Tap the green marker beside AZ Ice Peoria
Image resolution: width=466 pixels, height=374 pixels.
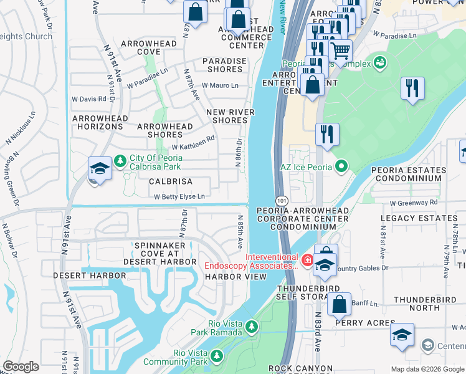click(x=340, y=166)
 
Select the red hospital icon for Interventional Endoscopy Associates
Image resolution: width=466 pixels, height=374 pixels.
click(x=307, y=260)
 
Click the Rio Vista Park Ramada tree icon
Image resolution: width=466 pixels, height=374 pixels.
click(x=251, y=327)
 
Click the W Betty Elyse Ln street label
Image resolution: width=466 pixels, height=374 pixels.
click(x=179, y=196)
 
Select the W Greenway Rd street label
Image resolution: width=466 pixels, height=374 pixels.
click(x=414, y=203)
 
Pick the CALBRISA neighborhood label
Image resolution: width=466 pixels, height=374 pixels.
click(x=170, y=181)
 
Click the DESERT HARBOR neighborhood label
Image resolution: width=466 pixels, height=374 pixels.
click(x=85, y=275)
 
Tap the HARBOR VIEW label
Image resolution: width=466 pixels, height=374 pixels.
click(x=231, y=277)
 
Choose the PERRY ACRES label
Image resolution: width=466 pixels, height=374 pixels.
click(x=365, y=323)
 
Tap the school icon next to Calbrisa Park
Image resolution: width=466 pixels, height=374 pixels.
click(x=100, y=169)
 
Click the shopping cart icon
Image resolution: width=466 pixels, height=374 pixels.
click(x=340, y=50)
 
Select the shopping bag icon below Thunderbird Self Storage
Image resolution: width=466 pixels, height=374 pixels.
click(x=339, y=304)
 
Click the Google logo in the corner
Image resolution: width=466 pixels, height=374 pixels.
click(x=21, y=367)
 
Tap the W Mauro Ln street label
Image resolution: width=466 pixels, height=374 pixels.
click(x=219, y=85)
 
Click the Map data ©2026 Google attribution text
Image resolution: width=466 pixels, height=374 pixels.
click(x=427, y=369)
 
